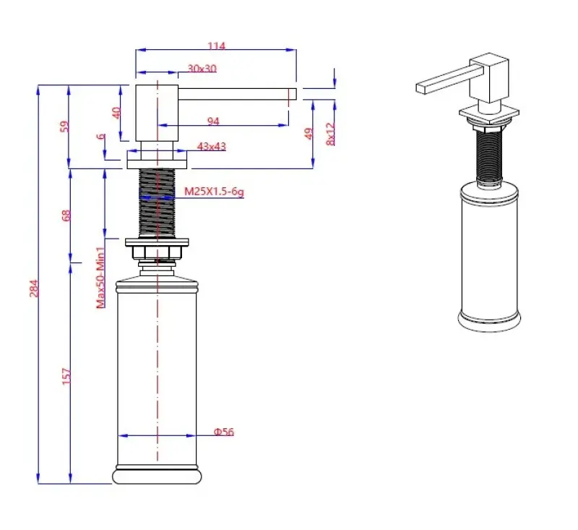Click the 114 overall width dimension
point(217,46)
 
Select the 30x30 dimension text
point(202,69)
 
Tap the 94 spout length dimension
point(213,121)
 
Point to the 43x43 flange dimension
point(212,147)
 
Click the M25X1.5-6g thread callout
point(214,192)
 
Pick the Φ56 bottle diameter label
point(223,432)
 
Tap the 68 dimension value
point(66,216)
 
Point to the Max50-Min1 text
point(101,278)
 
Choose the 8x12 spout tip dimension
point(331,134)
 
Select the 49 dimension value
point(309,134)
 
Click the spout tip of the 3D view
point(423,89)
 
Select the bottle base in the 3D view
point(488,320)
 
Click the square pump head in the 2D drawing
point(157,112)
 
